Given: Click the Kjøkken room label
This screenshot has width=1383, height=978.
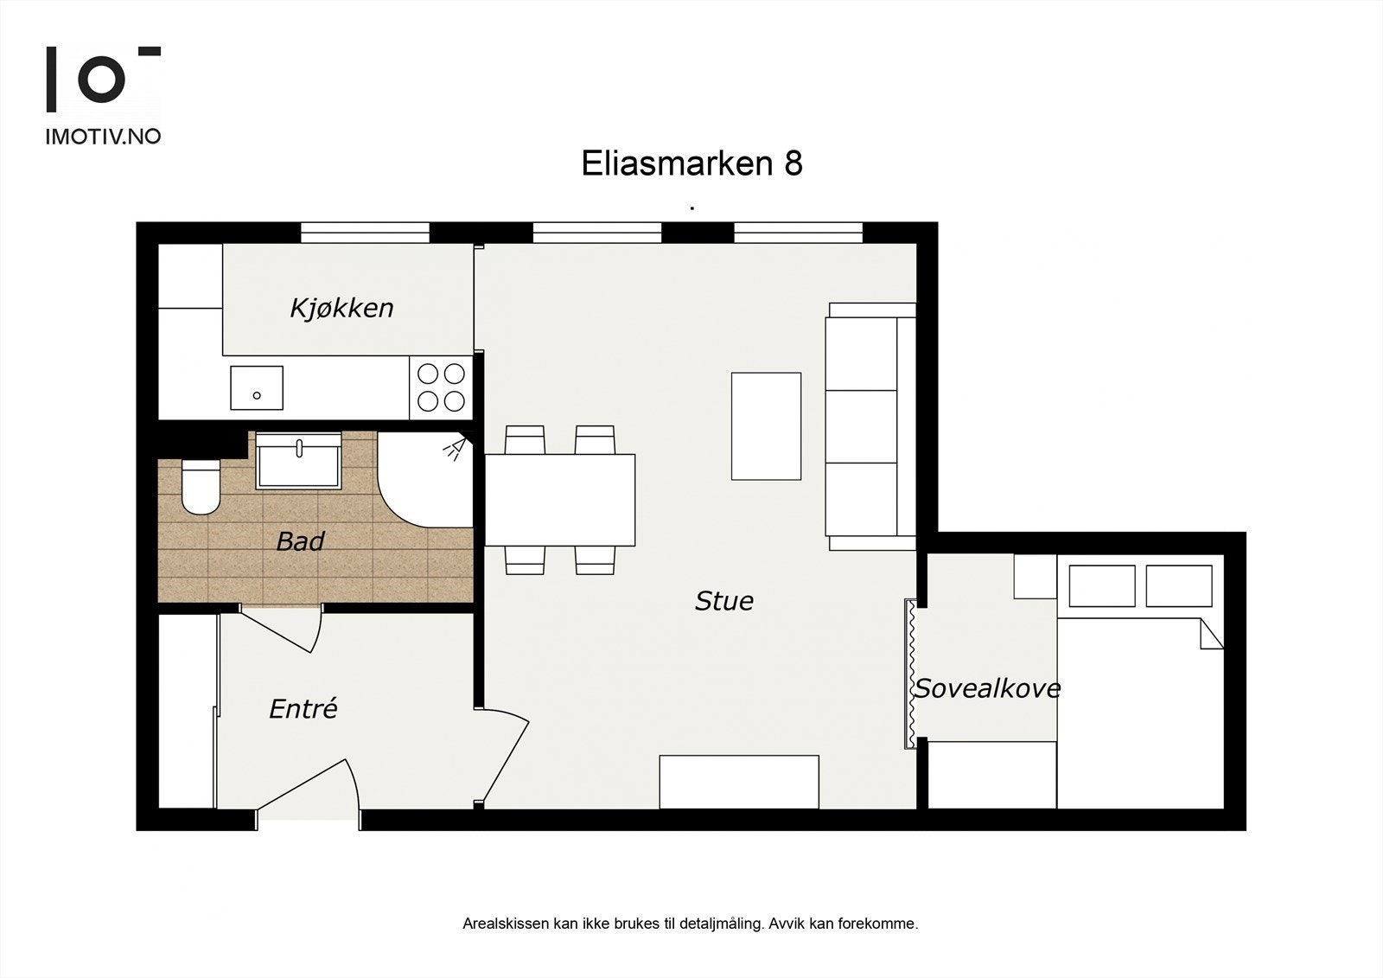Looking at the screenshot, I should [341, 308].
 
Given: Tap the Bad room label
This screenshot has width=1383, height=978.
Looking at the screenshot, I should [300, 542].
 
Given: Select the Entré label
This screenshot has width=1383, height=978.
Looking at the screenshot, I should [303, 709].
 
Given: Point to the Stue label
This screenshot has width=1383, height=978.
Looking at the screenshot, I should [723, 601].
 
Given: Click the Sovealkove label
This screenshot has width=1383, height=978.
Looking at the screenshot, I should [987, 688].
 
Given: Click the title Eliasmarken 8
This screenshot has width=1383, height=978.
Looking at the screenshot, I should [691, 163].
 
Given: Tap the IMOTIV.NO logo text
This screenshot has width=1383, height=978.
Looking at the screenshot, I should [103, 136].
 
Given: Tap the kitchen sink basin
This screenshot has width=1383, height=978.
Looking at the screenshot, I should [257, 387].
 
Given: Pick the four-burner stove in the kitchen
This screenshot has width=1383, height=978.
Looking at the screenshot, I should [441, 387].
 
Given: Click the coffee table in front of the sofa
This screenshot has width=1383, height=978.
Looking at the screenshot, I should [766, 426].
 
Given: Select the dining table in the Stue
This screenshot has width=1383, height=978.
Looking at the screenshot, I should [560, 500].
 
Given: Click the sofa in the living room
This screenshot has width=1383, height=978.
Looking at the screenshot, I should [869, 426].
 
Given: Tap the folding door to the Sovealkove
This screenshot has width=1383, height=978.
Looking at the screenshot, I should [910, 673].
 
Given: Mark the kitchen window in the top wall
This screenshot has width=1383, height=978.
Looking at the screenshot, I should [365, 233].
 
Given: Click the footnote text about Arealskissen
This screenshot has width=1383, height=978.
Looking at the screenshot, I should [690, 924].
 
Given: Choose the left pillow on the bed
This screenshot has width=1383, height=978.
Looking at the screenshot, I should [1101, 586].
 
